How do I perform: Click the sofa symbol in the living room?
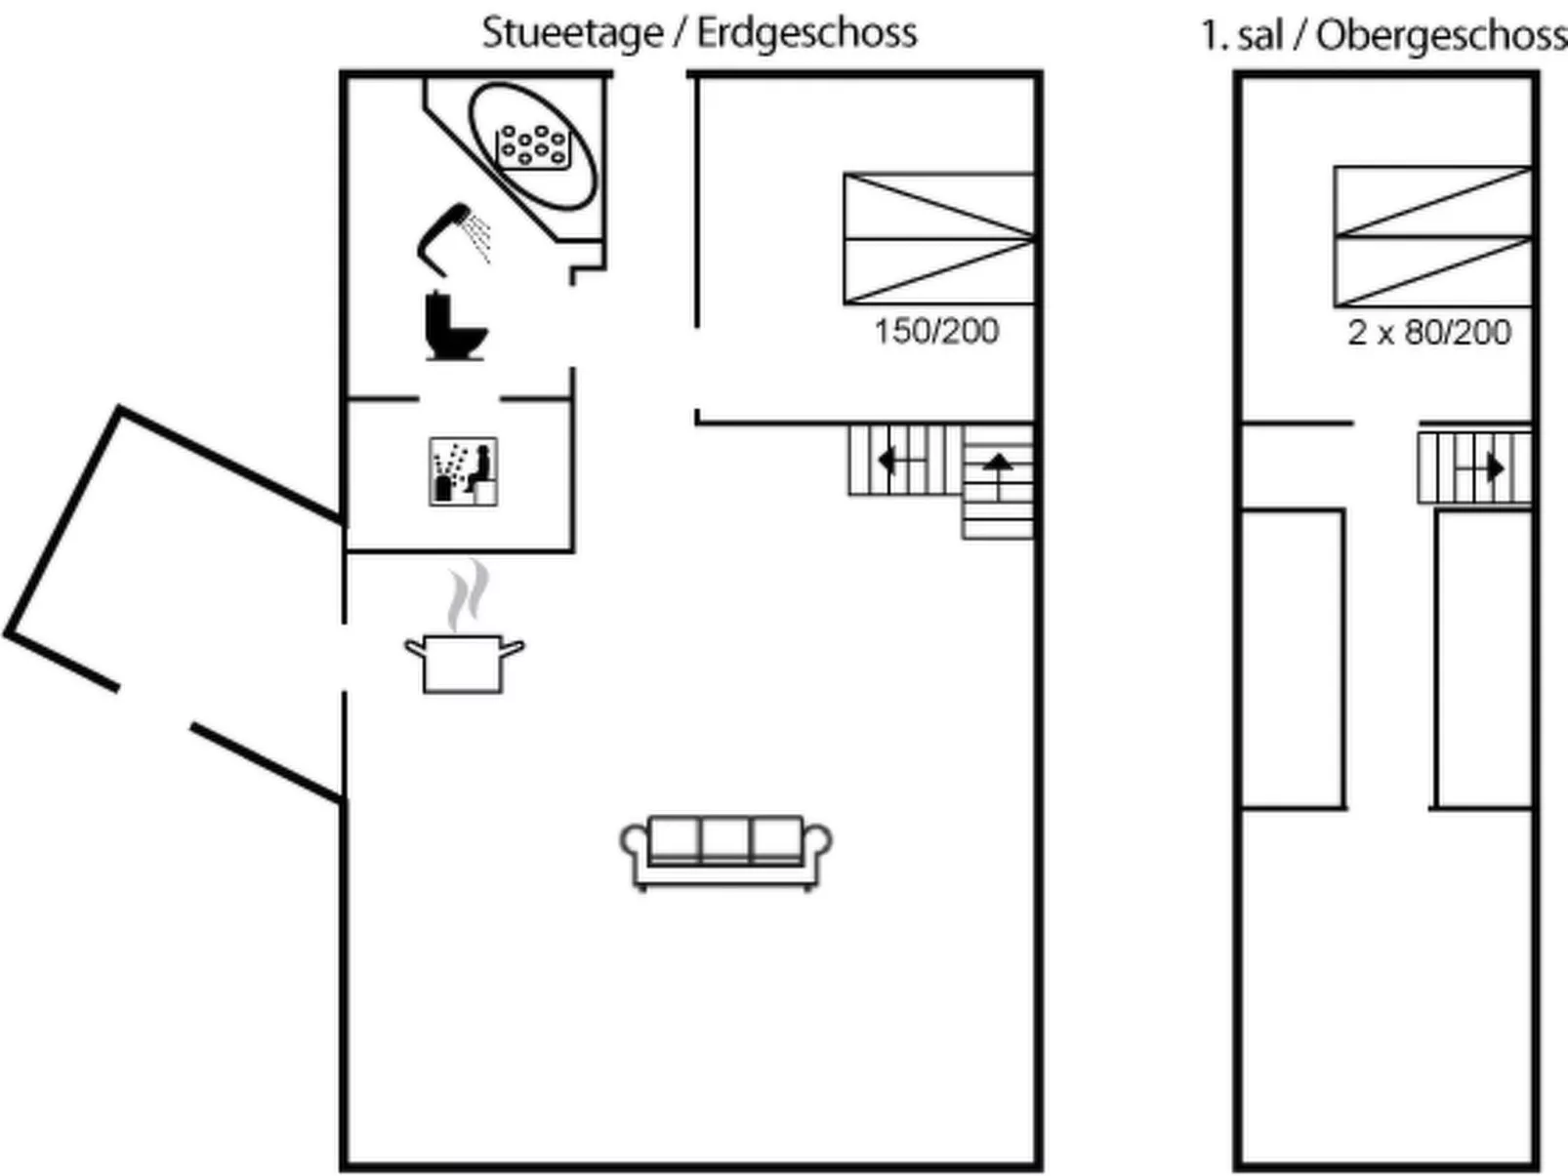[725, 852]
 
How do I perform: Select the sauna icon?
[463, 471]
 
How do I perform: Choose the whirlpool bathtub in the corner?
[532, 146]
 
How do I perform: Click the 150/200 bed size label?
[936, 332]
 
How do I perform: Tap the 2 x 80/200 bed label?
[1429, 333]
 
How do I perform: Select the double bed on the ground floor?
[938, 238]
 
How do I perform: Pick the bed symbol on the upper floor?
[1432, 236]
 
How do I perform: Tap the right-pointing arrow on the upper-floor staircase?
[1493, 468]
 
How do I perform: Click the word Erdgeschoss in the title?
[806, 32]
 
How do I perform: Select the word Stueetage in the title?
[573, 32]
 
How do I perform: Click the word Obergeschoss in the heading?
[1441, 35]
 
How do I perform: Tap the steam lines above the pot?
[467, 593]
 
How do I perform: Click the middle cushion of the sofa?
[725, 839]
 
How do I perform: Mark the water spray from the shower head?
[478, 236]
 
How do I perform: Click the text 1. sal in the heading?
[1241, 35]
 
